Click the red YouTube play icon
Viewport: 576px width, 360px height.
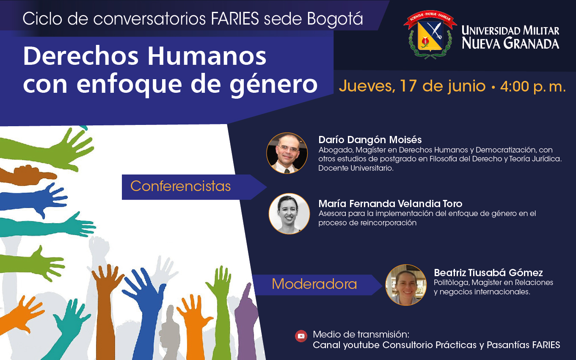coord(301,336)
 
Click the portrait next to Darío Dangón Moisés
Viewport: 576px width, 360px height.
coord(287,153)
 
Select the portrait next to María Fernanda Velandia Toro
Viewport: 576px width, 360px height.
coord(289,213)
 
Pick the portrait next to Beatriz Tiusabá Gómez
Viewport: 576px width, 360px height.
coord(406,285)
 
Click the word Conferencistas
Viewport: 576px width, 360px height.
coord(181,186)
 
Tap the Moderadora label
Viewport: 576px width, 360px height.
coord(314,284)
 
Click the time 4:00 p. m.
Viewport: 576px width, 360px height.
coord(533,86)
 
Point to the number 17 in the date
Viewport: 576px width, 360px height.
coord(408,86)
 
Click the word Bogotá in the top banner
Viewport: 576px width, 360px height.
coord(335,19)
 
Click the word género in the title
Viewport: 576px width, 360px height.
coord(273,84)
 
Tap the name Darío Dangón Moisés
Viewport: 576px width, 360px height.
coord(370,140)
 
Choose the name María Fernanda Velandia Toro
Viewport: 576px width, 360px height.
coord(390,204)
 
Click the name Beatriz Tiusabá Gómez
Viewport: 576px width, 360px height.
coord(488,272)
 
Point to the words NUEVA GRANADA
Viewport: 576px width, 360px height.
coord(510,43)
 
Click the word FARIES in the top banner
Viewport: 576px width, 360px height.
coord(235,19)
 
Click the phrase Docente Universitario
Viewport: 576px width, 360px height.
coord(356,168)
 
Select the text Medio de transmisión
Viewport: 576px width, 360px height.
coord(361,335)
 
